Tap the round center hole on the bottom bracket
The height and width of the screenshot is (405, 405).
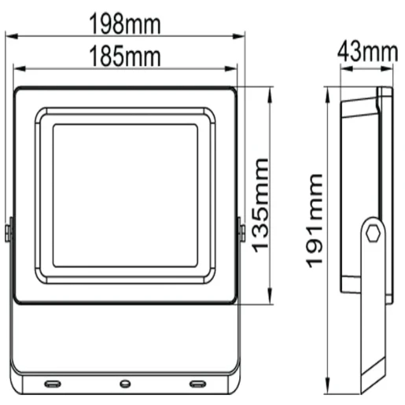coord(123,384)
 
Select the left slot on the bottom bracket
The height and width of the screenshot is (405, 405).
coord(51,384)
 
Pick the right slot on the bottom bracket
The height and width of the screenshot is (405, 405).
coord(196,384)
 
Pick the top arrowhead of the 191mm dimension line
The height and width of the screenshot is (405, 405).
coord(328,90)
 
